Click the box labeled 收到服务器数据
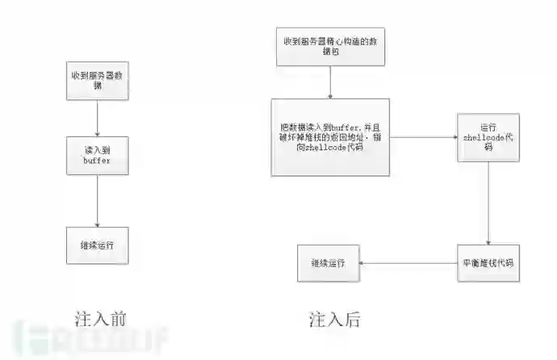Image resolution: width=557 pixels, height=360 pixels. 97,81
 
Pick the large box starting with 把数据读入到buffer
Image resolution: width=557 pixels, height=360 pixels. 330,137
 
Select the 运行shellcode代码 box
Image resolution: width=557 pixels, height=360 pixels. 488,137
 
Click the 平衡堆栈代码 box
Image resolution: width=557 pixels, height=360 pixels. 488,263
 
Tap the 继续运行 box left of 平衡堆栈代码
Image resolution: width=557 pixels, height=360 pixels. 328,263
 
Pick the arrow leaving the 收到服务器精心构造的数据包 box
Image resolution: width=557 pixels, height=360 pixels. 330,82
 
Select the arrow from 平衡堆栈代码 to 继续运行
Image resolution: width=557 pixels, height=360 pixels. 408,263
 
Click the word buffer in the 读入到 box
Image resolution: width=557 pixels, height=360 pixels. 97,161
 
